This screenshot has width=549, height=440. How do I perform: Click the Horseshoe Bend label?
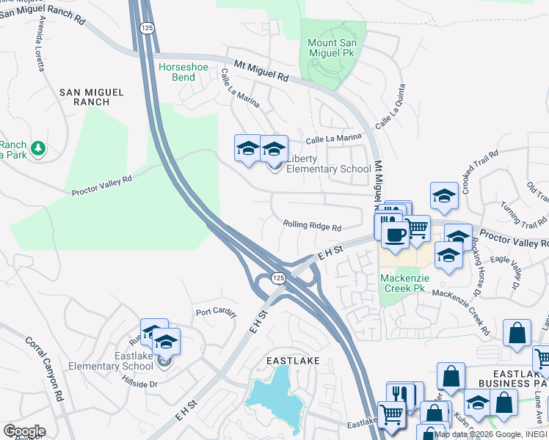pos(183,72)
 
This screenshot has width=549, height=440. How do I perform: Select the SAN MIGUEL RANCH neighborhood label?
pos(91,97)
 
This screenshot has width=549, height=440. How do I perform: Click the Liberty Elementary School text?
pos(328,164)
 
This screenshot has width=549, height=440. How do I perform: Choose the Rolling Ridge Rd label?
pos(313,227)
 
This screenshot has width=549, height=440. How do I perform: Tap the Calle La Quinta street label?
pos(390,114)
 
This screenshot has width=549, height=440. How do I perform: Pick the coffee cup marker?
pos(395,235)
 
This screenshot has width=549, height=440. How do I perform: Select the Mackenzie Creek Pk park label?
pos(404,283)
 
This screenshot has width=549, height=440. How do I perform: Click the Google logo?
pos(24,431)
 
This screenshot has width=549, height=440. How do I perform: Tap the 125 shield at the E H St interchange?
pos(277,277)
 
